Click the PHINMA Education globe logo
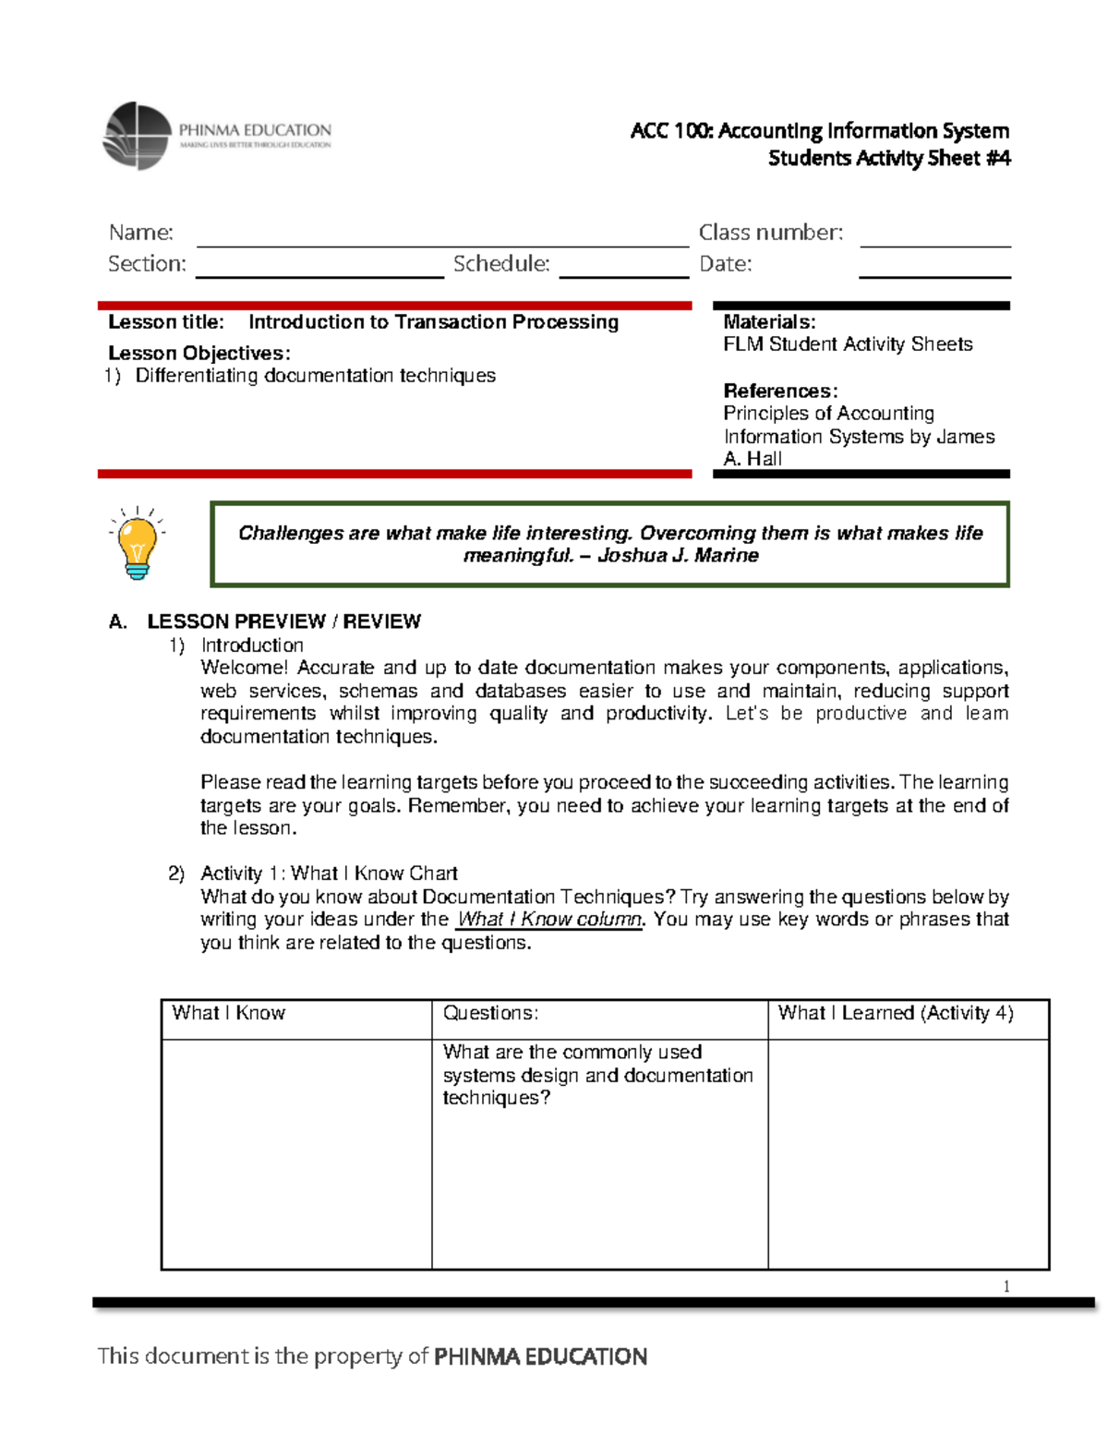coord(138,136)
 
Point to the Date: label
coord(725,264)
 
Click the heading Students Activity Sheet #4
coord(888,159)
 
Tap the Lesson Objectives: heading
coord(199,353)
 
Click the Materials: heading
coord(769,321)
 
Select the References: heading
coord(780,391)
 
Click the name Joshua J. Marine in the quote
coord(678,556)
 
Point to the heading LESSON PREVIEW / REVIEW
coord(283,621)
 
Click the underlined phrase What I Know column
coord(549,920)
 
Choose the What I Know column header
coord(228,1013)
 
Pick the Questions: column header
coord(490,1013)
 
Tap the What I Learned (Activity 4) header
coord(895,1013)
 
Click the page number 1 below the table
coord(1006,1286)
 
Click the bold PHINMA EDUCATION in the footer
coord(540,1356)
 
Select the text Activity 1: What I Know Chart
coord(329,874)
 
